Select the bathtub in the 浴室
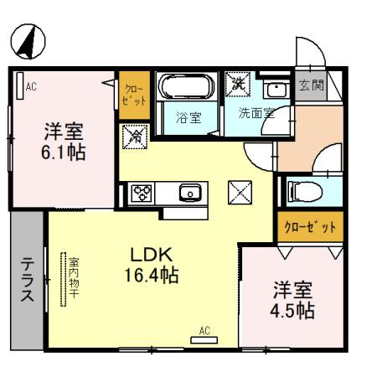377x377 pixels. pos(188,88)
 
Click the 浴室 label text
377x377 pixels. pos(188,117)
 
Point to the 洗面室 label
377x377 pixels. pos(256,114)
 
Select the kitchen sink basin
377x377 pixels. pos(192,193)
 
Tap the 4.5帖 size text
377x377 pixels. pos(292,311)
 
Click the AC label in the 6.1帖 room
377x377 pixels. pos(31,85)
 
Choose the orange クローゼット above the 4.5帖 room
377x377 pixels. pos(309,227)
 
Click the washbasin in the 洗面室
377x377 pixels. pos(273,90)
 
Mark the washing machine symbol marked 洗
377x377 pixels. pos(238,84)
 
